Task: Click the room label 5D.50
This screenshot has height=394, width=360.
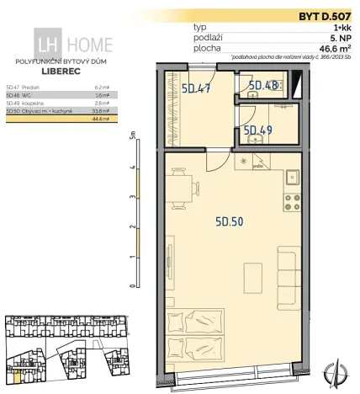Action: (230, 222)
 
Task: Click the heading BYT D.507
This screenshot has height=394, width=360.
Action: (323, 16)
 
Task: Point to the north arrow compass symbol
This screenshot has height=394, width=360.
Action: (340, 370)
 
